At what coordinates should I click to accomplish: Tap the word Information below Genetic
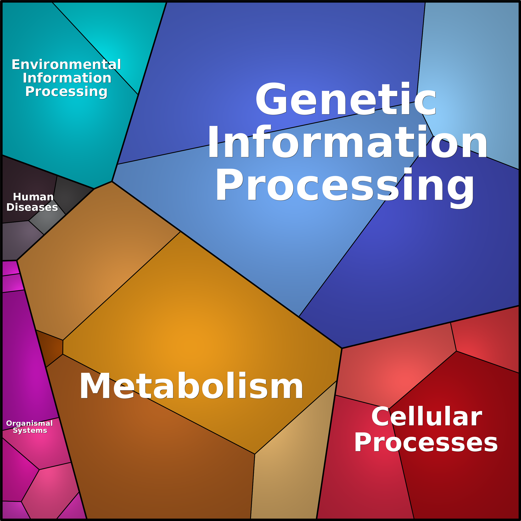347,142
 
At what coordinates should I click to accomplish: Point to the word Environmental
66,65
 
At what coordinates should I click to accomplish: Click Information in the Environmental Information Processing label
67,78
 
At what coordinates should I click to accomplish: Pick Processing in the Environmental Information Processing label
66,92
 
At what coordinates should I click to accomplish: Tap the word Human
33,197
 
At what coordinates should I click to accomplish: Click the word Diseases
32,207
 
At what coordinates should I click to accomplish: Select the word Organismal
29,423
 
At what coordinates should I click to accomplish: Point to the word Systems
30,430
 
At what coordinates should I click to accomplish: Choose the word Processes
426,443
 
